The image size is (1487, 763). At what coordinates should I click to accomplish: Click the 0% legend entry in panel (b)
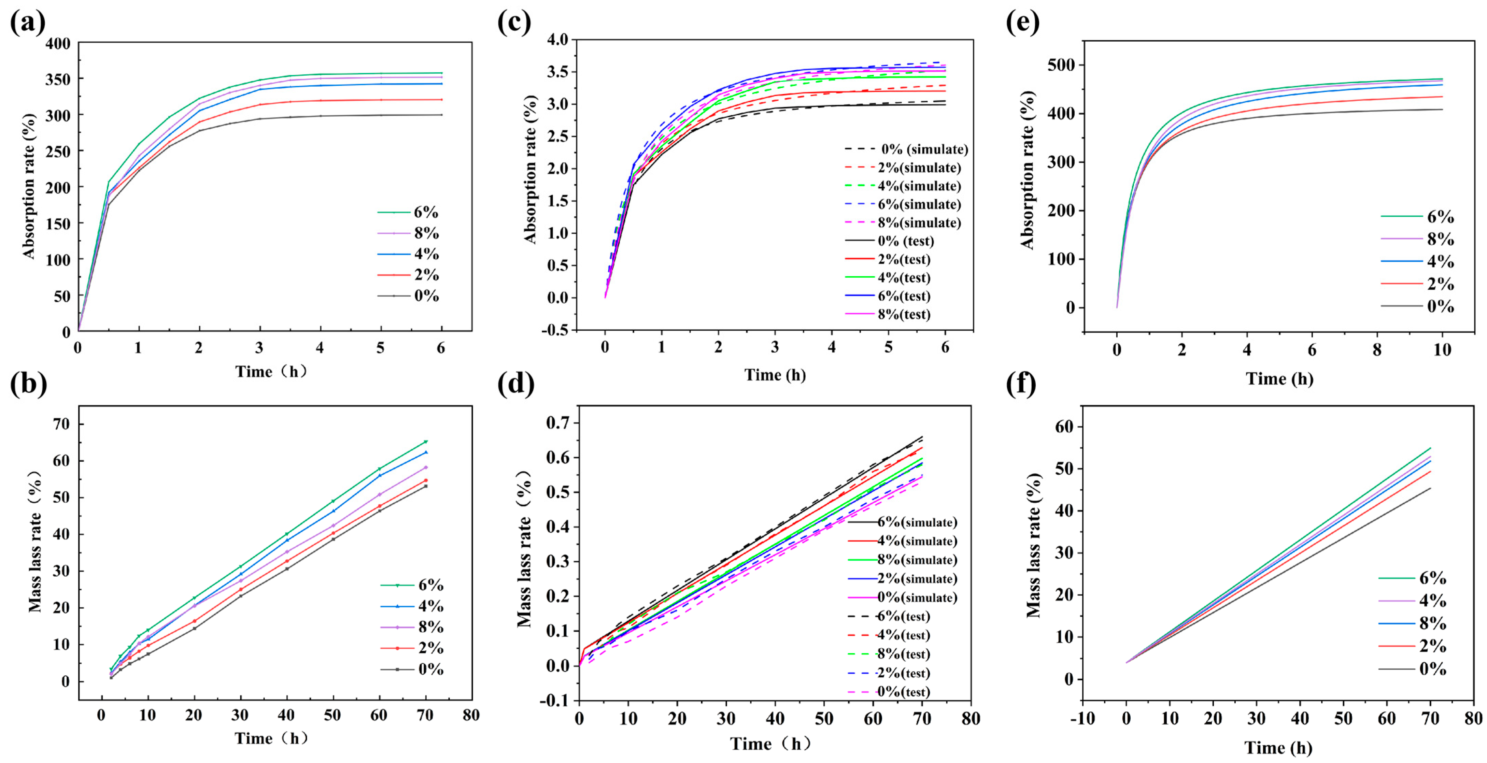coord(412,670)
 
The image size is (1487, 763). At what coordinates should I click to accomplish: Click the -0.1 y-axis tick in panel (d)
coord(553,700)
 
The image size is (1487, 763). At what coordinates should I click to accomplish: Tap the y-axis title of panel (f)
coord(1034,545)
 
